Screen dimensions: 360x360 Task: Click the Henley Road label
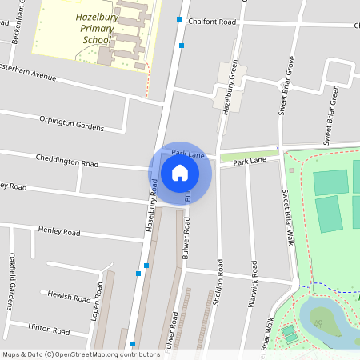[59, 231]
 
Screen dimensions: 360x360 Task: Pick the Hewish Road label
[70, 296]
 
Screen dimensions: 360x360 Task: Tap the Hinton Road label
[50, 329]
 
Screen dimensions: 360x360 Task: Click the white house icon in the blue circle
[180, 172]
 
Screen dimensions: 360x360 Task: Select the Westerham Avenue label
[29, 75]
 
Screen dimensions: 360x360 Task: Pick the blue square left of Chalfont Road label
[180, 18]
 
